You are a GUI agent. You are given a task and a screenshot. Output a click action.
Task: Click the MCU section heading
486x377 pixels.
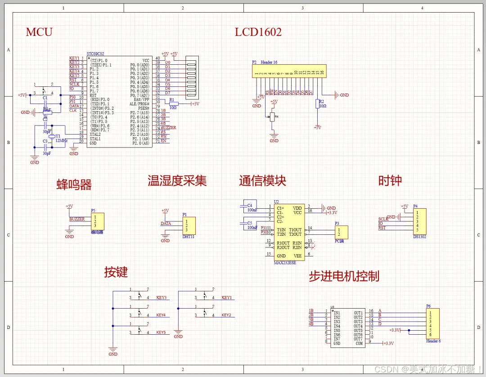click(x=39, y=32)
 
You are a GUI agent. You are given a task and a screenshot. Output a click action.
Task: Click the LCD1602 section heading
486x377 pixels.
click(x=258, y=32)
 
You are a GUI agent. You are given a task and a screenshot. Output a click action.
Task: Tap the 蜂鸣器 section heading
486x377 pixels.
click(x=74, y=184)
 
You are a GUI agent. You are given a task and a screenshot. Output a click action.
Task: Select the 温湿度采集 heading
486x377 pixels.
click(x=177, y=181)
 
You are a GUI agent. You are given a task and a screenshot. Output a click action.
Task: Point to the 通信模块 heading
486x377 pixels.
click(x=263, y=181)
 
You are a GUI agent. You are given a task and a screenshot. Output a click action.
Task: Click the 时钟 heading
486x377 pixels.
click(x=390, y=181)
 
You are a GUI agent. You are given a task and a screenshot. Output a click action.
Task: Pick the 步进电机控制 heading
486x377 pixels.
click(x=344, y=276)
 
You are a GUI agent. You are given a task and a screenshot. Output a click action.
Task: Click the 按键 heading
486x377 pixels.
click(x=116, y=272)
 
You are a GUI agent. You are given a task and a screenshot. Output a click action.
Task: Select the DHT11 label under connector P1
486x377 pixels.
click(x=189, y=236)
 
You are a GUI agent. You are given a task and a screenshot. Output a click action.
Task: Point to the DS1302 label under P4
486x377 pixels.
click(x=419, y=236)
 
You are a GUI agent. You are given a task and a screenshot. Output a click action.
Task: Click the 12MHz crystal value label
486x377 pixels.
click(x=61, y=141)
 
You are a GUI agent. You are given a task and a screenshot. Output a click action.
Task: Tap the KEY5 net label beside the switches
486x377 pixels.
click(x=161, y=332)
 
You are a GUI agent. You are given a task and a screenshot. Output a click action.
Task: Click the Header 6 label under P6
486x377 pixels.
click(x=433, y=341)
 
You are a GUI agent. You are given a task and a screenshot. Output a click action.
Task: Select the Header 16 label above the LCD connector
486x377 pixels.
click(x=269, y=63)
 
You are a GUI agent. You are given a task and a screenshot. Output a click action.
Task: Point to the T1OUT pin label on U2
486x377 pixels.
click(x=295, y=229)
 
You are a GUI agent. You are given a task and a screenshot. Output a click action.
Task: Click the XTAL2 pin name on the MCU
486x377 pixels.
click(x=95, y=135)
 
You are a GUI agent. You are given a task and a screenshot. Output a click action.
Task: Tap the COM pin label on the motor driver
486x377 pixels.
click(x=359, y=344)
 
